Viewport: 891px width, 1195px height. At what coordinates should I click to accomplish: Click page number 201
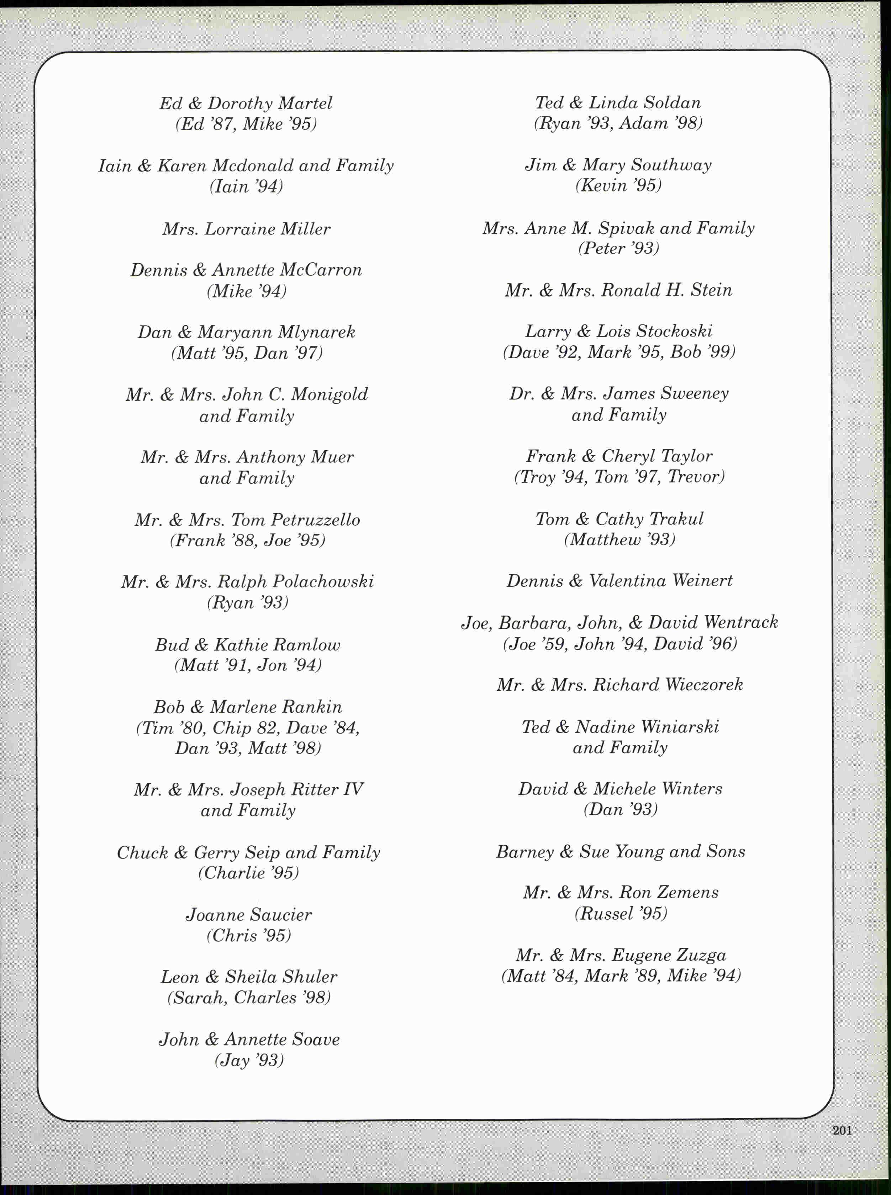[x=842, y=1130]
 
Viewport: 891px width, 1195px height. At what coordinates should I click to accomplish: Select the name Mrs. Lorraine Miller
[x=247, y=229]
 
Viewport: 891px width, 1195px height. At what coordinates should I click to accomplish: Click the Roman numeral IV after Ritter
[x=353, y=789]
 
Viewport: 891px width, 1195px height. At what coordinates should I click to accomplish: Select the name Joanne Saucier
[x=249, y=915]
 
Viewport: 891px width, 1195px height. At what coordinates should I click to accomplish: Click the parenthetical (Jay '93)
[x=249, y=1060]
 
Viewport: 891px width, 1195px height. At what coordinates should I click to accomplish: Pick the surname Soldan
[x=672, y=102]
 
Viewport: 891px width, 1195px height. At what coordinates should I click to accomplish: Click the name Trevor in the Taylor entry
[x=695, y=477]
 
